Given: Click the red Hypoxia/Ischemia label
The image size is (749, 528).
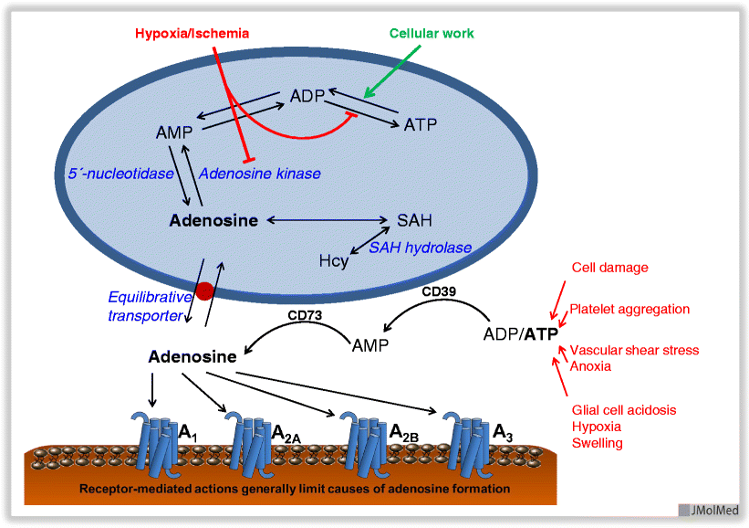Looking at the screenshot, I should point(192,34).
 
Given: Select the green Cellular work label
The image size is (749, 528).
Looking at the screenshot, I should point(432,34).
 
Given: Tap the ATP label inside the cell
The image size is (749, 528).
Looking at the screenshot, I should point(420,124).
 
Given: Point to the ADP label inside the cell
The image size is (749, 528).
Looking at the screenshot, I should point(307,96).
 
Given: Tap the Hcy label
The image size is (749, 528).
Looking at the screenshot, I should point(333,261).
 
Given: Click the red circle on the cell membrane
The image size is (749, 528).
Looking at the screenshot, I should point(205,291).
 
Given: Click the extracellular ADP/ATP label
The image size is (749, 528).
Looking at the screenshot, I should point(521,333).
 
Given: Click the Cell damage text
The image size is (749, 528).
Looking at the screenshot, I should point(609,268).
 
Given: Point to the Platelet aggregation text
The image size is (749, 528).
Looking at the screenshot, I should point(629,309).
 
